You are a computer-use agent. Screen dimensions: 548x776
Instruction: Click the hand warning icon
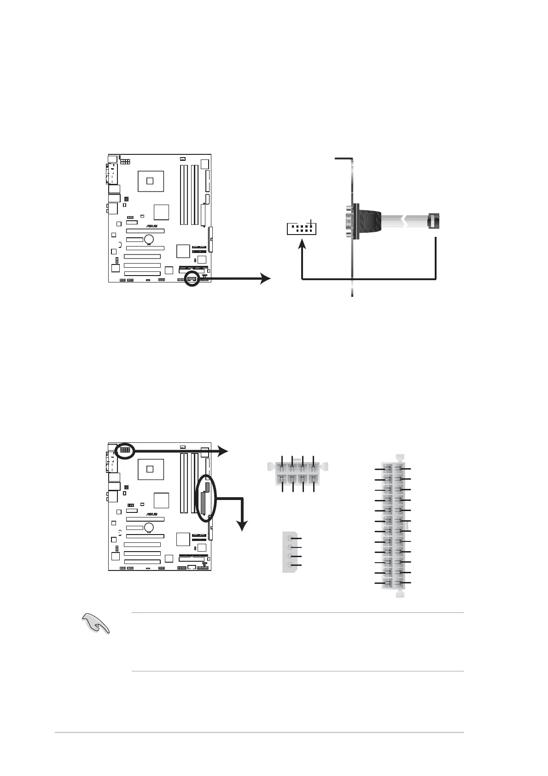pos(96,623)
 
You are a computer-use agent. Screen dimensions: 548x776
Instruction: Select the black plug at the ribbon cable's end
pos(434,221)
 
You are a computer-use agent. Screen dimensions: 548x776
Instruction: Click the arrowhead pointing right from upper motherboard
pos(265,278)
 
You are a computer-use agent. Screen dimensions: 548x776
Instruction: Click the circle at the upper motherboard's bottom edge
pos(192,279)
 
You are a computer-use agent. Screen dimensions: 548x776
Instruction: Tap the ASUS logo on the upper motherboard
pos(152,226)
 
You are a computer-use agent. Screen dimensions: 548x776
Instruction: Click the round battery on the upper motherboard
pos(149,239)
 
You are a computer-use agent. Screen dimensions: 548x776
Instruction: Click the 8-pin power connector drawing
pos(297,473)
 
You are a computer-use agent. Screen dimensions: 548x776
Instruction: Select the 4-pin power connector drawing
pos(290,552)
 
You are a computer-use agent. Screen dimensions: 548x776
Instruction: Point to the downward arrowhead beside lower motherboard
pos(241,525)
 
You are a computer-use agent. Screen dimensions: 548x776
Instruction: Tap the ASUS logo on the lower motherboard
pos(152,514)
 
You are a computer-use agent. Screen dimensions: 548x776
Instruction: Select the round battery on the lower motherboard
pos(149,527)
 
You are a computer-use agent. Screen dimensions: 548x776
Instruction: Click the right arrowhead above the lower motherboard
pos(223,451)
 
